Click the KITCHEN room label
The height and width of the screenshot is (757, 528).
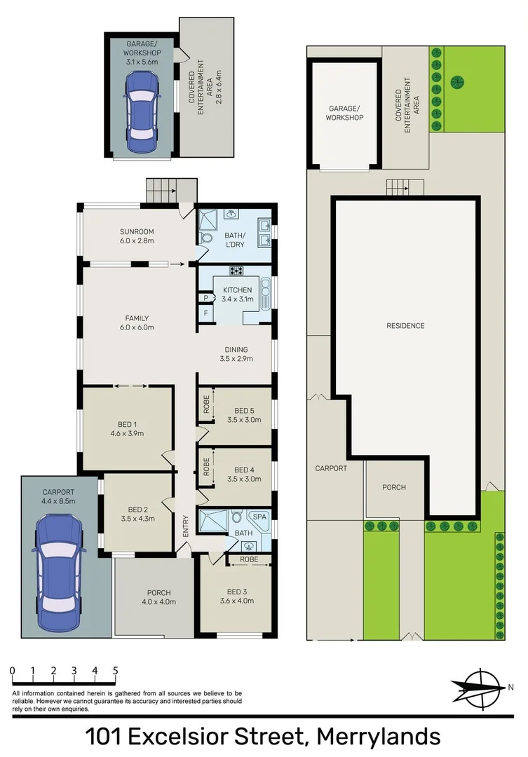pos(237,290)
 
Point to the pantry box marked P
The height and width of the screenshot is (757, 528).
pos(205,297)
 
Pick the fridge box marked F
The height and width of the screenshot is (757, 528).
pos(205,313)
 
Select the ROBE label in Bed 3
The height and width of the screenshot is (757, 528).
pos(249,560)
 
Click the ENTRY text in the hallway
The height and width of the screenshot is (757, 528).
pos(186,526)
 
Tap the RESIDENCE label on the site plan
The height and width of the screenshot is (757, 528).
pos(405,326)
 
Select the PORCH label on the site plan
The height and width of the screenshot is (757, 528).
pos(393,487)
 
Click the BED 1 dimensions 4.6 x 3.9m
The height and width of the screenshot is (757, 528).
pos(126,433)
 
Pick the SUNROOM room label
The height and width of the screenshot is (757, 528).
pos(136,231)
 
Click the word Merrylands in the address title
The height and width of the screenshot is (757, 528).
pos(379,737)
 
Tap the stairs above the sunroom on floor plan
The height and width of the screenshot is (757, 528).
pos(172,189)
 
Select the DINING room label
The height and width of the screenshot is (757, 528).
pos(236,350)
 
